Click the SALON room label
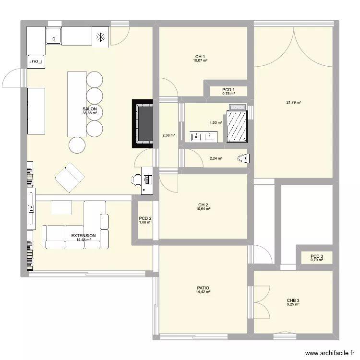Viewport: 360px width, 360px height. pyautogui.click(x=90, y=109)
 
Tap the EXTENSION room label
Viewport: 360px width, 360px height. pyautogui.click(x=84, y=236)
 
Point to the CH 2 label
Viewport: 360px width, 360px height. pyautogui.click(x=203, y=204)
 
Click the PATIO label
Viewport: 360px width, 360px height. pyautogui.click(x=202, y=288)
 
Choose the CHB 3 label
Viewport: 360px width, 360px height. pyautogui.click(x=293, y=300)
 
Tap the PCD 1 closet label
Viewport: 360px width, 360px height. pyautogui.click(x=228, y=90)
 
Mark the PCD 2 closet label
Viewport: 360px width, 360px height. pyautogui.click(x=145, y=218)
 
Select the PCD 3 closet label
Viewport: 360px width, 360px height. pyautogui.click(x=317, y=256)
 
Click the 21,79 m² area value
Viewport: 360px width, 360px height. pyautogui.click(x=293, y=102)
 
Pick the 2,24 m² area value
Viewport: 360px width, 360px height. pyautogui.click(x=216, y=158)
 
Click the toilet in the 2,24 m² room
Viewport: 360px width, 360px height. pyautogui.click(x=243, y=159)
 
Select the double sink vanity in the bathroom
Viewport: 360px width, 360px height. pyautogui.click(x=204, y=136)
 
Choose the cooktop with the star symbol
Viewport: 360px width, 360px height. pyautogui.click(x=101, y=36)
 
